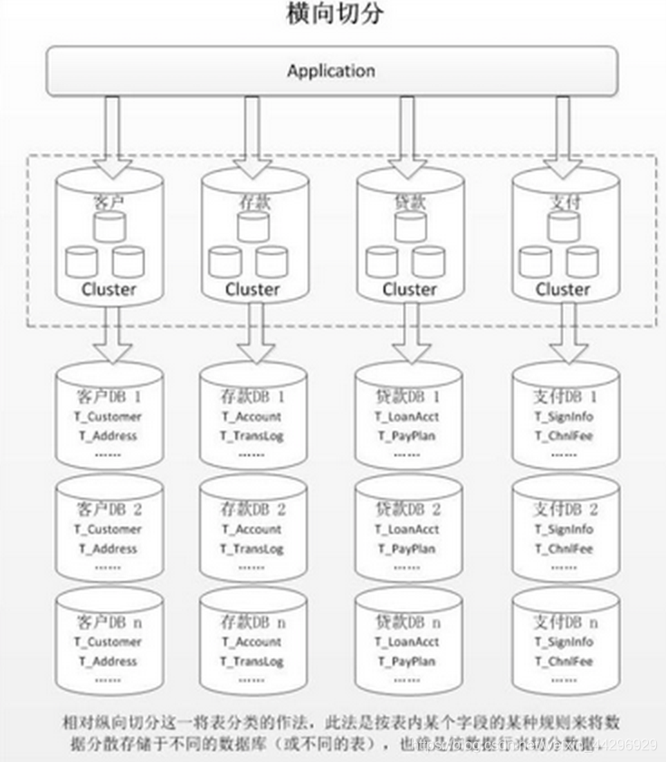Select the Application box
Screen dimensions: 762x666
point(331,71)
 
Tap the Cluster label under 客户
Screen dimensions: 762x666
point(109,290)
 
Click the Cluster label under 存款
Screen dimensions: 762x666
point(252,290)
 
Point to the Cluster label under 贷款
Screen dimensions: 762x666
point(409,290)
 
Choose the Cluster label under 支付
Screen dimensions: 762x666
point(563,290)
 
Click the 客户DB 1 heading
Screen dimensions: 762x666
point(109,397)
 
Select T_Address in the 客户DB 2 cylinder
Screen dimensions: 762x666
point(109,548)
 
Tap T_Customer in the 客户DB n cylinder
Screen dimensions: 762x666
point(109,642)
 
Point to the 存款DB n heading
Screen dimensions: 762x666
point(252,623)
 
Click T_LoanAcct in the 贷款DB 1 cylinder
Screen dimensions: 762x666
point(407,417)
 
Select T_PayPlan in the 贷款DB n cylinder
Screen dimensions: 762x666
point(407,662)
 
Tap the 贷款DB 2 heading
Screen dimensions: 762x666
point(408,510)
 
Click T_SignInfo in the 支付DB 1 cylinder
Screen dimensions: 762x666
point(563,417)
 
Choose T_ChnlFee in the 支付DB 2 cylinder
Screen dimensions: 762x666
point(563,548)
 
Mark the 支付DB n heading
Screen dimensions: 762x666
point(563,623)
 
